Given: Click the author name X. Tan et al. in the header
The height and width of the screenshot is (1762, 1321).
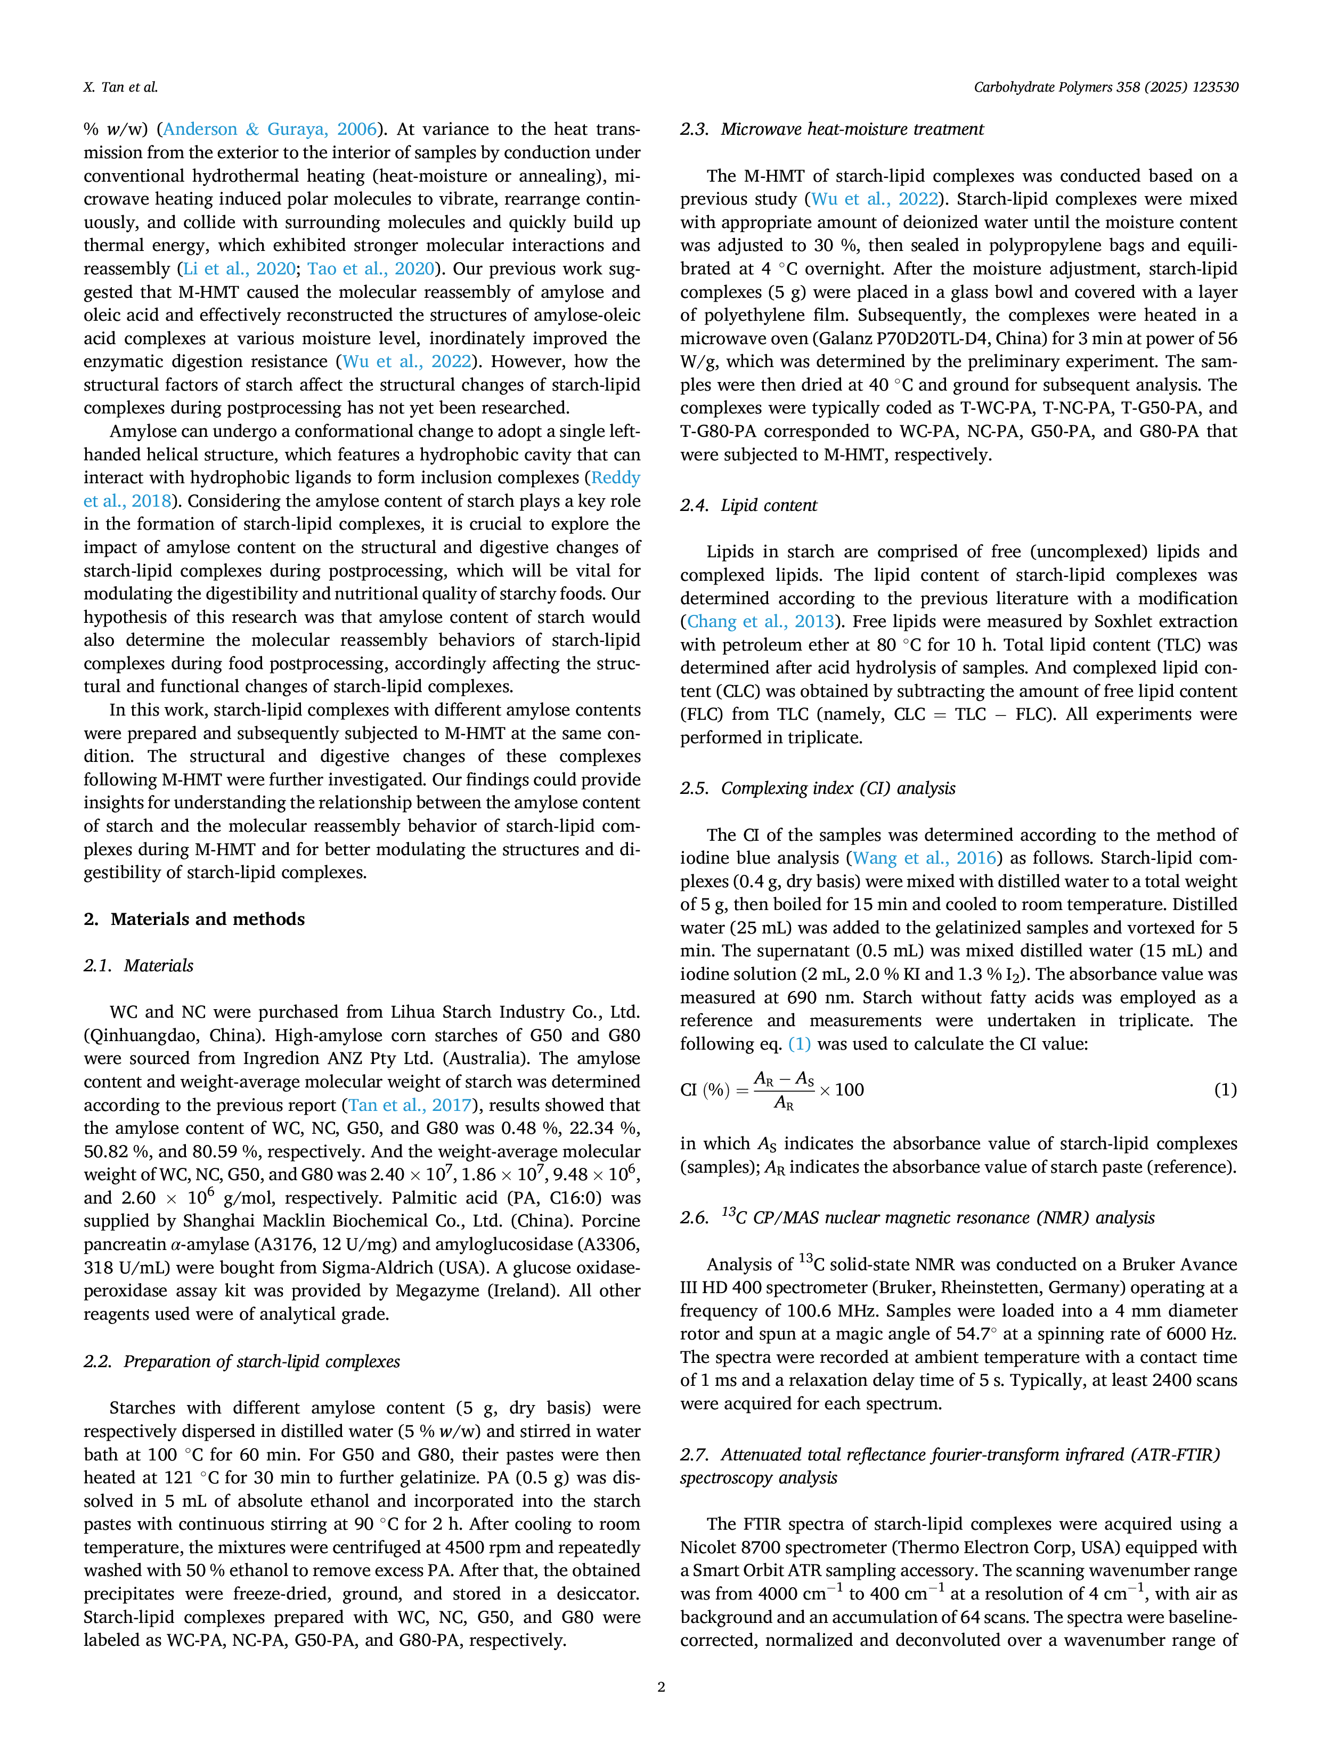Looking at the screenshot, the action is tap(120, 87).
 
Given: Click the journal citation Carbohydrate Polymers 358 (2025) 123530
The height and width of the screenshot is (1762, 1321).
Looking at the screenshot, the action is tap(1105, 87).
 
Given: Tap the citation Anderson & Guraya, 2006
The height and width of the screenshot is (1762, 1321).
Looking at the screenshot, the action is tap(270, 129).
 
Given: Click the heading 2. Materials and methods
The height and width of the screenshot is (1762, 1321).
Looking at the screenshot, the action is tap(194, 919).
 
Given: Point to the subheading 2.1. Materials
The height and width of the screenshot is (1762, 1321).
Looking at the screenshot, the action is tap(138, 965).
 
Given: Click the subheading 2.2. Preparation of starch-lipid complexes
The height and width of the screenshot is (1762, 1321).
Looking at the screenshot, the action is tap(242, 1361).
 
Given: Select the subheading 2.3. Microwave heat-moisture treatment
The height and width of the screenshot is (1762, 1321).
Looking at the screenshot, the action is tap(832, 129).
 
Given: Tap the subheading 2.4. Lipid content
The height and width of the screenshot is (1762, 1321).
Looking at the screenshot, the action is tap(748, 505).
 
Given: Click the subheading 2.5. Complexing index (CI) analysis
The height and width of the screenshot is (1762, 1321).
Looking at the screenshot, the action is tap(818, 788).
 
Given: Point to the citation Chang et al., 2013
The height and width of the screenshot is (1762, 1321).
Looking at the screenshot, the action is tap(761, 621).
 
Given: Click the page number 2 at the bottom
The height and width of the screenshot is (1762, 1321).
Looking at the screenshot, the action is tap(661, 1686).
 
